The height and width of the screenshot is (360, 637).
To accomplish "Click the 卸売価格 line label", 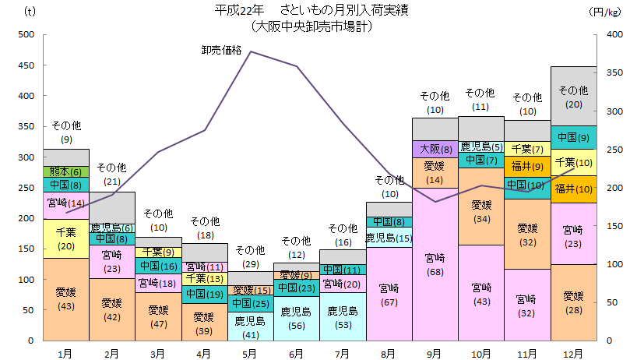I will (221, 51).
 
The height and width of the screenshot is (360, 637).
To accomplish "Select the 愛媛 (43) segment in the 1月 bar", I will (66, 299).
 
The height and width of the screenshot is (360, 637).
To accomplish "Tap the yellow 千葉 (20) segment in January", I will (66, 238).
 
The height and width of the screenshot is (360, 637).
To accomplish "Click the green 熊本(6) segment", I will (66, 171).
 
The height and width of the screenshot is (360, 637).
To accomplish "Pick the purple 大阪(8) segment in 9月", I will (435, 149).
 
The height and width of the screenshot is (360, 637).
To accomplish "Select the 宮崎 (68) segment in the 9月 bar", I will (435, 264).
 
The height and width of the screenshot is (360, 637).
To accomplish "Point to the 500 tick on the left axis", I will (26, 35).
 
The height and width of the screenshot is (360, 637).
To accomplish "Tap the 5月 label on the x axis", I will (250, 353).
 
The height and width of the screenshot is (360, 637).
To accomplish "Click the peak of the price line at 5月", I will (251, 51).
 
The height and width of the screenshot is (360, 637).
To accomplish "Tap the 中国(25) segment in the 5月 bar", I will (250, 303).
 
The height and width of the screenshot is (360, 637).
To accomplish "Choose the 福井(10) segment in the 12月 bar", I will (573, 189).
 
